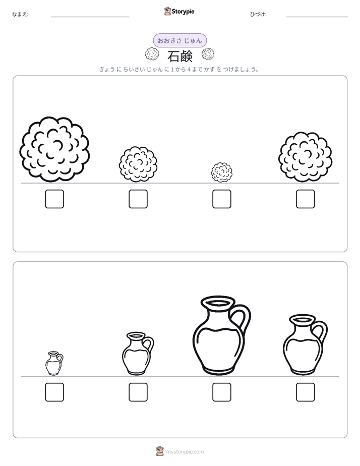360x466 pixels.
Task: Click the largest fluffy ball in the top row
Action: tap(54, 149)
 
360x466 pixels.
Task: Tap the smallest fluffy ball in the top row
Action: tap(222, 172)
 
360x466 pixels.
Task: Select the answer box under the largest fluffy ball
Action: tap(54, 199)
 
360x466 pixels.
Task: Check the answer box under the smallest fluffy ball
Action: tap(222, 199)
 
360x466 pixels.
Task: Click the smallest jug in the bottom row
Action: tap(54, 364)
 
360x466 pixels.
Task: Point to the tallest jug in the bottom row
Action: tap(221, 335)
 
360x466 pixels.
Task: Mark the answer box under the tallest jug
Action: tap(222, 392)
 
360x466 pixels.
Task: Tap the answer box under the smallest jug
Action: tap(54, 392)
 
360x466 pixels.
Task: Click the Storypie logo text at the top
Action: tap(183, 12)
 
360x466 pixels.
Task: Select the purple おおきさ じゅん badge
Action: tap(179, 40)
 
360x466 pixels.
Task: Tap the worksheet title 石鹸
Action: tap(180, 56)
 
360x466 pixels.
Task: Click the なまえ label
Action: tap(20, 14)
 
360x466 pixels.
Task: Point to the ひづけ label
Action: tap(258, 14)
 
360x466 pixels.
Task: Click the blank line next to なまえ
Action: tap(90, 17)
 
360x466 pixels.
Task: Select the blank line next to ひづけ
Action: tap(317, 17)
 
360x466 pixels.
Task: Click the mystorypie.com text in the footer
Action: tap(185, 452)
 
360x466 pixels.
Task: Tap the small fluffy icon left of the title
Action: tap(152, 54)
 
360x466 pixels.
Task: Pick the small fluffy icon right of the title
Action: tap(208, 54)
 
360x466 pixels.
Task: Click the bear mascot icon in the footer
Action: tap(160, 451)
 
